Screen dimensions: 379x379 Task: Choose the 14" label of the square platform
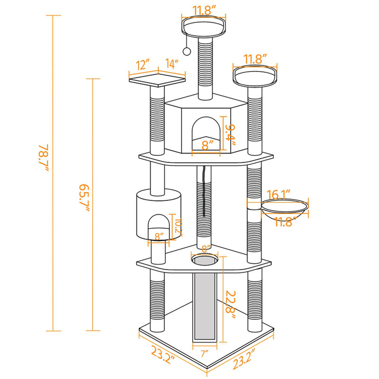point(171,63)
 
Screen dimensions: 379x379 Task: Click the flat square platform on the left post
point(157,78)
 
